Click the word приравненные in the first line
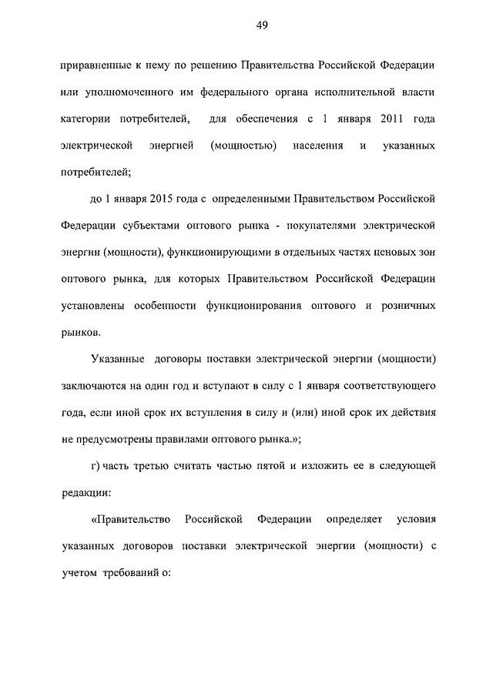pos(95,66)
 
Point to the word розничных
pos(408,306)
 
